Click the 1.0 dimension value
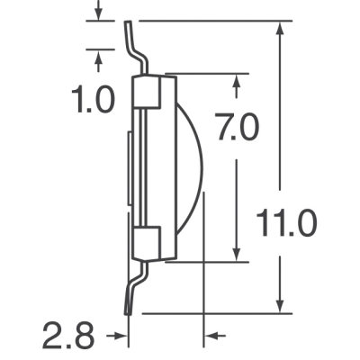pos(94,99)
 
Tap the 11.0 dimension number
pos(286,221)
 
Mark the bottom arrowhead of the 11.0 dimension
pos(283,306)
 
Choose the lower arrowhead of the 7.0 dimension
pos(237,254)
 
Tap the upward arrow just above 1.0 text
pos(98,56)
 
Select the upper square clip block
pos(147,92)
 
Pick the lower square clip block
pos(147,243)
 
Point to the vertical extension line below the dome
pos(204,270)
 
